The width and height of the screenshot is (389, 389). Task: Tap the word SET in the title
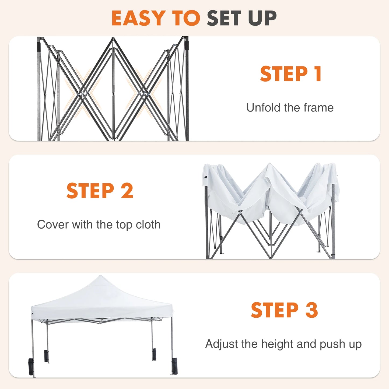pos(224,18)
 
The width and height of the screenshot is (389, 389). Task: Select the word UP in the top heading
pos(262,18)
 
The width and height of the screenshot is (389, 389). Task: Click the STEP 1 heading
pos(290,74)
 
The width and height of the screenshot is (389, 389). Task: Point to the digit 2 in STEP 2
pos(127,191)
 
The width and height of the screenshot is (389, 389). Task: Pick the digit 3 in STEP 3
pos(311,310)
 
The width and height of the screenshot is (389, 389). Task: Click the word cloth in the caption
pos(148,225)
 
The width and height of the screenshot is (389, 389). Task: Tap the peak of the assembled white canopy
pos(100,277)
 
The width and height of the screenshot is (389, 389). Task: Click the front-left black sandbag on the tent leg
pos(31,367)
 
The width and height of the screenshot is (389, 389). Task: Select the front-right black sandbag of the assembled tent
pos(174,366)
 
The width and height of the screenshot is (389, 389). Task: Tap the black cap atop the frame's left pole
pos(39,46)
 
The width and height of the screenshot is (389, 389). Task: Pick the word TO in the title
pos(186,18)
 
